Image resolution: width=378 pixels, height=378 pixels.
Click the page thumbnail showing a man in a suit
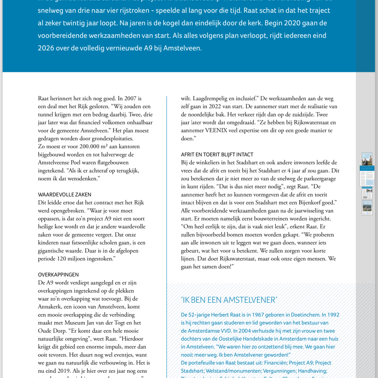[x=367, y=159]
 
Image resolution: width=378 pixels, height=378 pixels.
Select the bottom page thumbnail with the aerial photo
[x=367, y=208]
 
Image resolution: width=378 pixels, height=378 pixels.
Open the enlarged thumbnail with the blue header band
[x=367, y=176]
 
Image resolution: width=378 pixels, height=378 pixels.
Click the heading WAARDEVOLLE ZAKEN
[x=65, y=195]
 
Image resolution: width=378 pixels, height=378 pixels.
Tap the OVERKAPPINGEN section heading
[x=58, y=275]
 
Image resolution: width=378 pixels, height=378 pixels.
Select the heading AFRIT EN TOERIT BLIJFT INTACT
[x=217, y=155]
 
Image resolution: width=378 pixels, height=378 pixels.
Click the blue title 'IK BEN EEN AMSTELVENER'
[x=229, y=300]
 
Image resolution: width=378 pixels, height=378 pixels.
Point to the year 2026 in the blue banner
[x=46, y=48]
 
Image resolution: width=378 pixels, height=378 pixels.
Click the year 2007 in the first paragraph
[x=134, y=99]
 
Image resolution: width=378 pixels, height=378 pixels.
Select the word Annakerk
[x=50, y=307]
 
